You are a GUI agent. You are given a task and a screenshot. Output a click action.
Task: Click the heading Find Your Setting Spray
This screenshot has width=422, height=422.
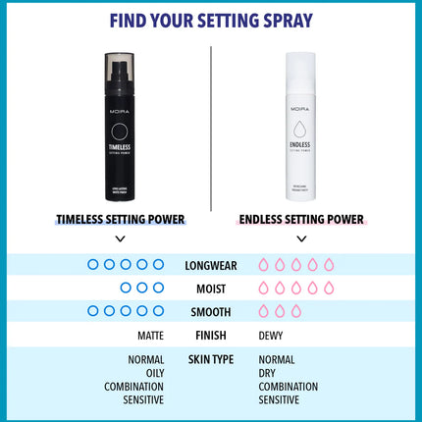point(211,22)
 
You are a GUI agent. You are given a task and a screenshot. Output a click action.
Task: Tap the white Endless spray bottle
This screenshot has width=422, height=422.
point(301,128)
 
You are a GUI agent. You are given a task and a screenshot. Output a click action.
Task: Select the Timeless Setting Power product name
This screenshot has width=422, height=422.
point(120,219)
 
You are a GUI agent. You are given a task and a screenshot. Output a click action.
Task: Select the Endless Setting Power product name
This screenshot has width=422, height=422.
point(301,219)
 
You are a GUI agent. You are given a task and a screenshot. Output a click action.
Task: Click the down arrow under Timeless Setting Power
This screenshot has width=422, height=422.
point(120,238)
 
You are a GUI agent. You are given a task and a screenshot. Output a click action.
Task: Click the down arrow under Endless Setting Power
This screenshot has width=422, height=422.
point(301,238)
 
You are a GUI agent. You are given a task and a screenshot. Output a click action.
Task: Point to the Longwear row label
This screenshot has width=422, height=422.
point(211,265)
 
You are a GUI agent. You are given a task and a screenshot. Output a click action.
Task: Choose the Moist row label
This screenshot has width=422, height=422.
point(211,289)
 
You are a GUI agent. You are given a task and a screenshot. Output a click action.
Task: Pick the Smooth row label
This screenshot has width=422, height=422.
point(211,312)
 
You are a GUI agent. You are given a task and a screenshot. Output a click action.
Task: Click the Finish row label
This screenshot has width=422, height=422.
point(211,336)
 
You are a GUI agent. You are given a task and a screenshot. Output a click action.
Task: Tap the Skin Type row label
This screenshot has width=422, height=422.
point(211,360)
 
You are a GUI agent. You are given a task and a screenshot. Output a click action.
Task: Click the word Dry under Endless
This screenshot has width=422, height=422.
point(269,373)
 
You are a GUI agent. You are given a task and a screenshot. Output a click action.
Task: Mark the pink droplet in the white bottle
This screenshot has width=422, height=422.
point(301,132)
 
